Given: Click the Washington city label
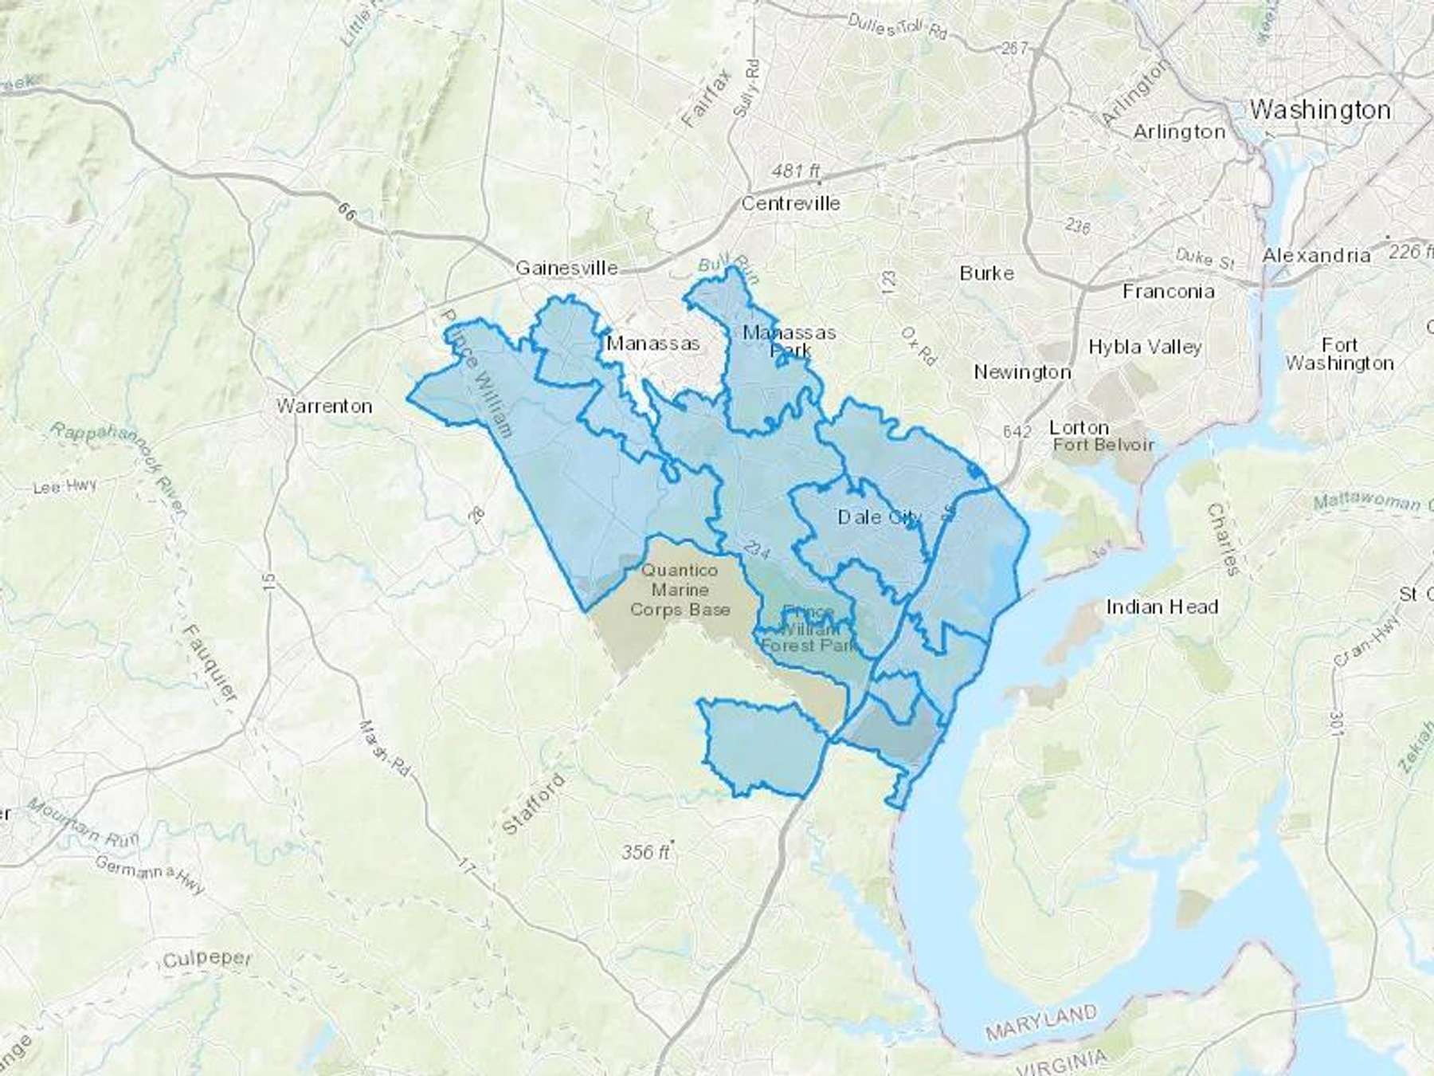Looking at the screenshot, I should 1320,110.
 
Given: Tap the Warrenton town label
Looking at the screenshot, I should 323,406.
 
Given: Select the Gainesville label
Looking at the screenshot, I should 566,268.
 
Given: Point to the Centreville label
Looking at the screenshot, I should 790,203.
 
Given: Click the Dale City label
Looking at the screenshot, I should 880,517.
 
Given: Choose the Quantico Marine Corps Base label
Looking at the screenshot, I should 680,591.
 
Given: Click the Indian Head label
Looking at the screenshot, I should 1162,607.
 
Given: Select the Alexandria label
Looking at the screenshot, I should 1316,256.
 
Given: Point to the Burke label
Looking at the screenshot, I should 986,273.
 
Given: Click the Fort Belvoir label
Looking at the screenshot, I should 1103,445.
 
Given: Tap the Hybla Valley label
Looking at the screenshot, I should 1145,347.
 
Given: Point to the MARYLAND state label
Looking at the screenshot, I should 1040,1023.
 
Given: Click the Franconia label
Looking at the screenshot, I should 1168,292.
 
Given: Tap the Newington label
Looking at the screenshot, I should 1022,372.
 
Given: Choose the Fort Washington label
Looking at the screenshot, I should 1339,355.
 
